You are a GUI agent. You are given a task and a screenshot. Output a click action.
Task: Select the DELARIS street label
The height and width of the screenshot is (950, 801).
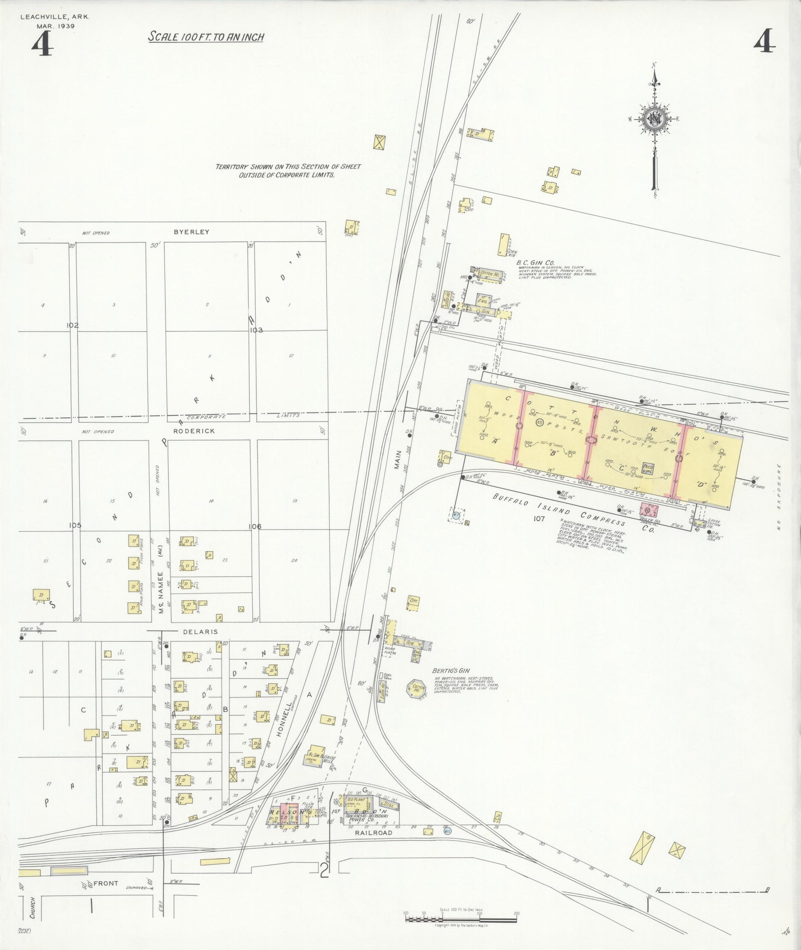tap(194, 632)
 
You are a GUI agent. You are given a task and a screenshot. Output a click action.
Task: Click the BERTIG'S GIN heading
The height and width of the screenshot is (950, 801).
tap(451, 670)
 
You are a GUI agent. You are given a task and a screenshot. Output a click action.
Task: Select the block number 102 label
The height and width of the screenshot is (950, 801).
tap(72, 325)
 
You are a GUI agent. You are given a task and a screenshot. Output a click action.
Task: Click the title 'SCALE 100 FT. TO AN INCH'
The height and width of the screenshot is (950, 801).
tap(206, 37)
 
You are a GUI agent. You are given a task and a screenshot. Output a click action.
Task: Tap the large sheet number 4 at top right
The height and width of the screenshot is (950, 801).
tap(765, 44)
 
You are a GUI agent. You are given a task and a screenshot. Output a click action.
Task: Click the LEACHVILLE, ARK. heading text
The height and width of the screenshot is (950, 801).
tap(54, 17)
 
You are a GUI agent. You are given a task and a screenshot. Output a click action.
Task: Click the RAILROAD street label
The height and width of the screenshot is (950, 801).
tap(373, 833)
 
